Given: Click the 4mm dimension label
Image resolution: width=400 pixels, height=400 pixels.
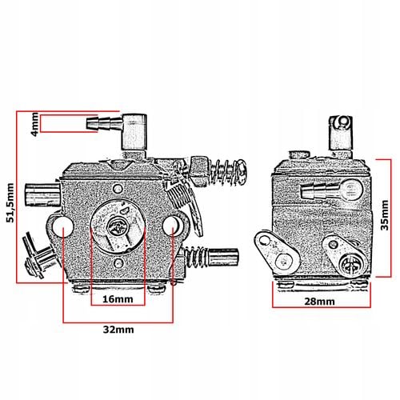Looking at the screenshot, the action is coord(35,124).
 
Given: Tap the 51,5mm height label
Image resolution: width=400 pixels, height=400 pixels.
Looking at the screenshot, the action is coord(10,202).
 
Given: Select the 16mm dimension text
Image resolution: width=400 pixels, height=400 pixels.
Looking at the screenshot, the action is coord(118,299).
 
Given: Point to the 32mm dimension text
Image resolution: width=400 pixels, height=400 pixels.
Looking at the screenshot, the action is coord(118,330).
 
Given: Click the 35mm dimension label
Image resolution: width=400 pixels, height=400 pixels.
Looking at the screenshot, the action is coord(385,215).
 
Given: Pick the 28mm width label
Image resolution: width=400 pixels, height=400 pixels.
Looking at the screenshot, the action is coord(319,302).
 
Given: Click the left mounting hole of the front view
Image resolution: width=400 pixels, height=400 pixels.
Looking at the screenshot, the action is coord(63,226).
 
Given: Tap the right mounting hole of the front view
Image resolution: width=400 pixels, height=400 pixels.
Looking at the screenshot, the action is coord(171,225).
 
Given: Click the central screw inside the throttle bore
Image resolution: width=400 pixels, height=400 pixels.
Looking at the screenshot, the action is coord(118,227).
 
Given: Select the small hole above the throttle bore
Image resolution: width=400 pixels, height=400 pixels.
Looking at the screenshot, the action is coord(118,189).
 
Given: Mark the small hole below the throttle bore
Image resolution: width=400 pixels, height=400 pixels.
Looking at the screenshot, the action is coord(118,263).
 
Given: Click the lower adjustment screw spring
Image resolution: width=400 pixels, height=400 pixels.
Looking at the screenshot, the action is coord(197,257).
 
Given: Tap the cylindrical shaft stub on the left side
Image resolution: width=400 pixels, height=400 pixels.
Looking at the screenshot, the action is coord(42,194).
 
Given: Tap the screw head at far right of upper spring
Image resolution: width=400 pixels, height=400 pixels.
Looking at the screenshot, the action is coord(242,172).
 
